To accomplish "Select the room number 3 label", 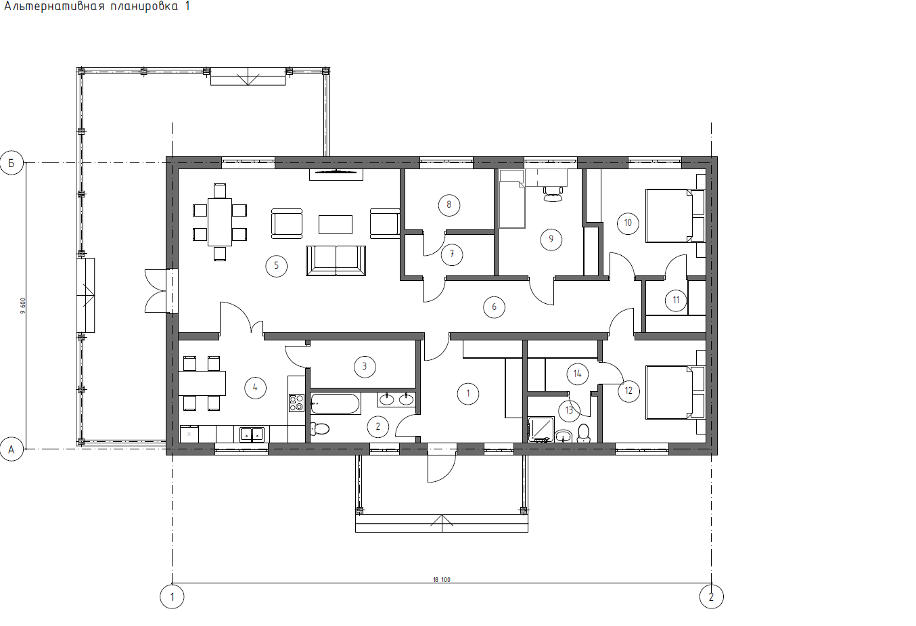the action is pos(365,367).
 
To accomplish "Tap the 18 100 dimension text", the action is pos(442,579).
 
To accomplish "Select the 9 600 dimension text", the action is pos(23,306).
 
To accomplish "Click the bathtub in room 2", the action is pos(336,403).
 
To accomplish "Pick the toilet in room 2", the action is pos(320,429).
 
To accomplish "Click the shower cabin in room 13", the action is pos(541,429).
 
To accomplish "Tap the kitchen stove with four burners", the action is pos(296,403).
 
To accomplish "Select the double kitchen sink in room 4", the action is pos(252,434).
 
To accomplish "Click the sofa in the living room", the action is pos(336,261).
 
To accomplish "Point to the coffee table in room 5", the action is pos(336,225).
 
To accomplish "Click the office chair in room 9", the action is pos(553,194).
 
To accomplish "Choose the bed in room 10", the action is pos(675,216).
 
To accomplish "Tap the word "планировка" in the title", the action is pos(144,7).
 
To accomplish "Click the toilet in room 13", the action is pos(584,433).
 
